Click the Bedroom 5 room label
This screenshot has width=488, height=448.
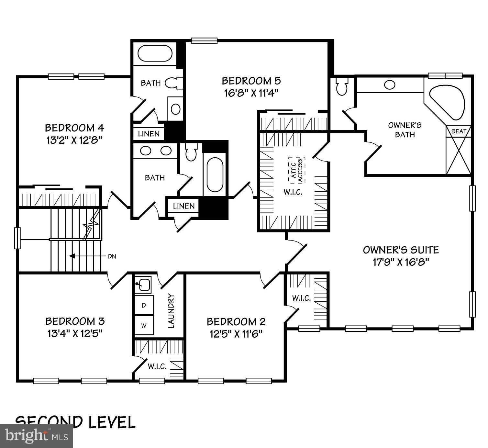click(x=251, y=80)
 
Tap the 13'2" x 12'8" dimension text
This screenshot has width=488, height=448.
click(x=74, y=141)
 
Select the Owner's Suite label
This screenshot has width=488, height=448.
click(x=401, y=250)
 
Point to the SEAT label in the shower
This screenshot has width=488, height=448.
click(x=459, y=131)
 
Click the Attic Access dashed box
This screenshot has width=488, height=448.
click(x=296, y=170)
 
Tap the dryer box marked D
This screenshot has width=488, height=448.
click(x=144, y=305)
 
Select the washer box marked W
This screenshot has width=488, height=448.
click(x=144, y=326)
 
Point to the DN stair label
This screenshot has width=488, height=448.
click(x=112, y=256)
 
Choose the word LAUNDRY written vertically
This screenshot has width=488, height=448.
click(x=171, y=311)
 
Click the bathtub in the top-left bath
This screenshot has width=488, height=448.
click(x=155, y=54)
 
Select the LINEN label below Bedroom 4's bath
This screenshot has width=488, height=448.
click(x=149, y=134)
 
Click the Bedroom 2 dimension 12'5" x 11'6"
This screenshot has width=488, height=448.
click(x=236, y=334)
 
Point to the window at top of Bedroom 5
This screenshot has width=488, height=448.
click(x=204, y=40)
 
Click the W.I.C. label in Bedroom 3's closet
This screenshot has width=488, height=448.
click(x=157, y=367)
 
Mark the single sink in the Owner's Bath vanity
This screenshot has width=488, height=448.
click(x=390, y=85)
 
